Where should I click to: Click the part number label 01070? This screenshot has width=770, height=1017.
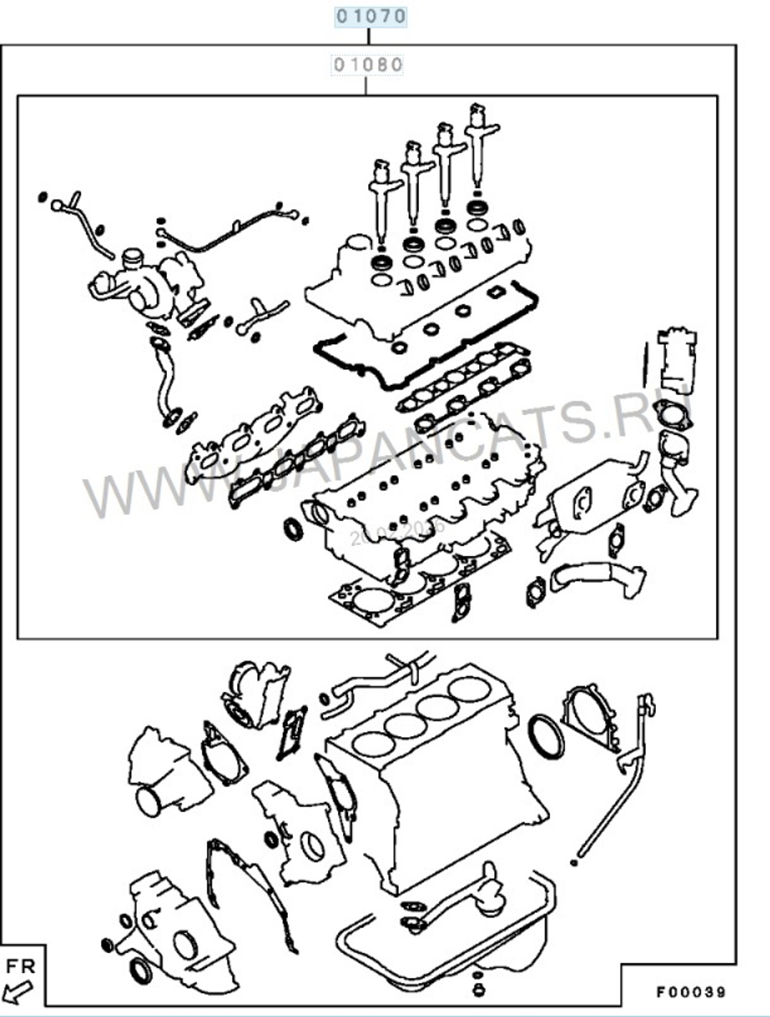pos(370,15)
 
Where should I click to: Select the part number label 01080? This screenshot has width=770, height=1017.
pos(367,64)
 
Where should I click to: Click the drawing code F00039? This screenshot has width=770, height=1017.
pos(690,992)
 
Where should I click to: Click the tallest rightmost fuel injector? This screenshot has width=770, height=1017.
pos(480,146)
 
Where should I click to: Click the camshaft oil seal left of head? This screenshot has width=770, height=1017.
pos(293,529)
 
